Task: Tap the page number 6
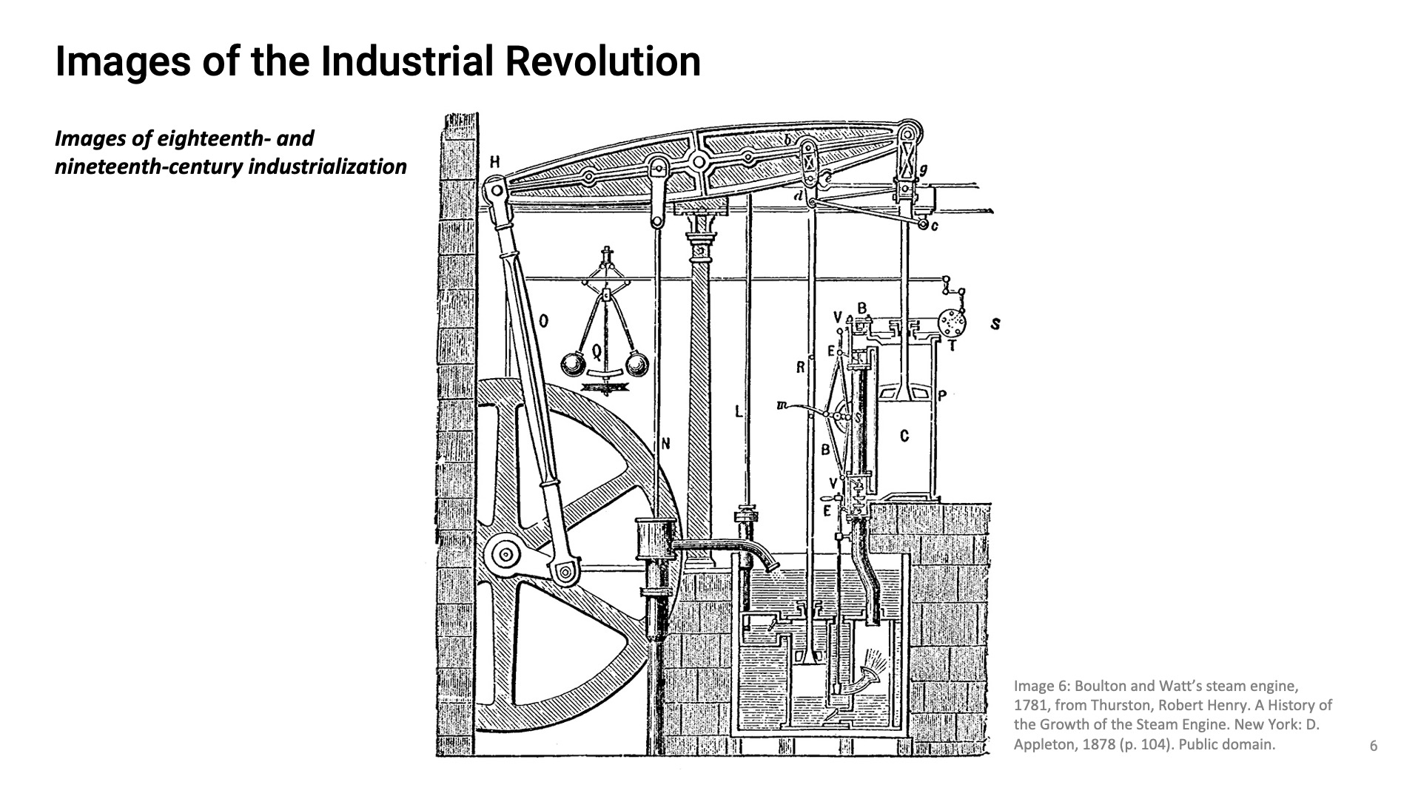[x=1374, y=746]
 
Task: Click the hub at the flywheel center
[x=506, y=553]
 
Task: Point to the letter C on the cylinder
[x=904, y=436]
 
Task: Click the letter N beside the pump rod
[x=665, y=444]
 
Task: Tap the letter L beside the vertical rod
[x=739, y=411]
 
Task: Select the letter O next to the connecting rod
[x=543, y=321]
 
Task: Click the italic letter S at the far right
[x=995, y=324]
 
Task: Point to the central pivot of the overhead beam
[x=698, y=161]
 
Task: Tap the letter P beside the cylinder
[x=942, y=397]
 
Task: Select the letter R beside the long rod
[x=800, y=366]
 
